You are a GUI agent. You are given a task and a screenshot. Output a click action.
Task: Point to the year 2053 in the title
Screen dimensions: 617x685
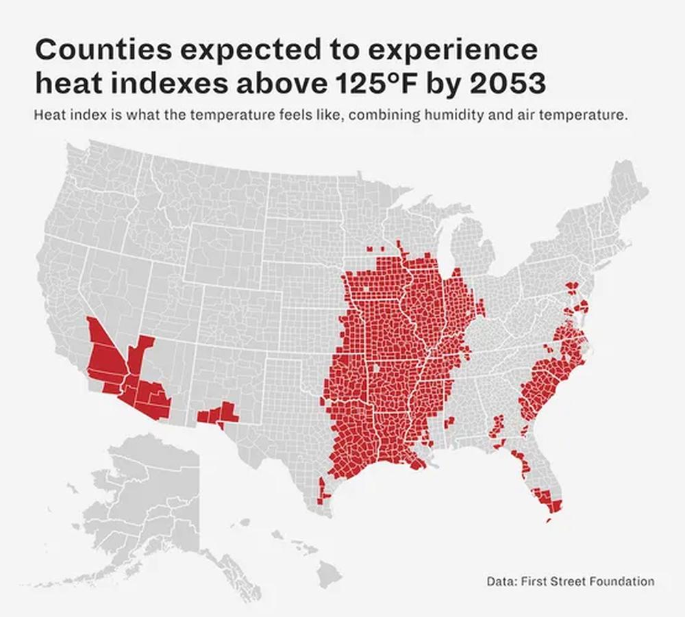coord(507,84)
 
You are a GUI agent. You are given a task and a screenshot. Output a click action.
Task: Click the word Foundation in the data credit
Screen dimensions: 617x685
coord(621,581)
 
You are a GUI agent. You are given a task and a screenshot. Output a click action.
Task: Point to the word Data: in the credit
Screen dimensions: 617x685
coord(502,581)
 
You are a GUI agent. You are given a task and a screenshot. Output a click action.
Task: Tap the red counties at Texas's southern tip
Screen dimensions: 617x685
coord(323,493)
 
